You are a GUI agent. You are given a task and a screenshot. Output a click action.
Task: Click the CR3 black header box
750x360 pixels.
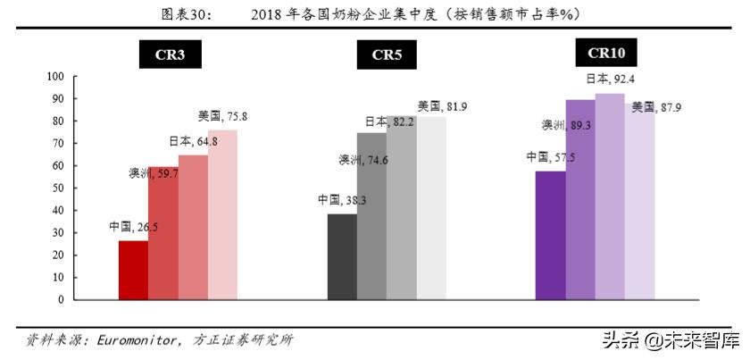point(169,55)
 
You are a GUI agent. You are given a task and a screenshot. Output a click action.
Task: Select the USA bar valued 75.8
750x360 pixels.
point(223,214)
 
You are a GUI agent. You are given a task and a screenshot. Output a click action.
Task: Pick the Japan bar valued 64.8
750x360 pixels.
point(193,227)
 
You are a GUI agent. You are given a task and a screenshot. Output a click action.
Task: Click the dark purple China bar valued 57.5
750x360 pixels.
point(550,235)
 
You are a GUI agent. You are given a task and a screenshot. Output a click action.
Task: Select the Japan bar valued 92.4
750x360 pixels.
point(610,197)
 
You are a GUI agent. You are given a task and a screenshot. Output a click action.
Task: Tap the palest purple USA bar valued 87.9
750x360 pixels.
point(639,201)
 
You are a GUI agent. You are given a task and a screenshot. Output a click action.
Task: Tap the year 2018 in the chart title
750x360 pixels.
point(265,13)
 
